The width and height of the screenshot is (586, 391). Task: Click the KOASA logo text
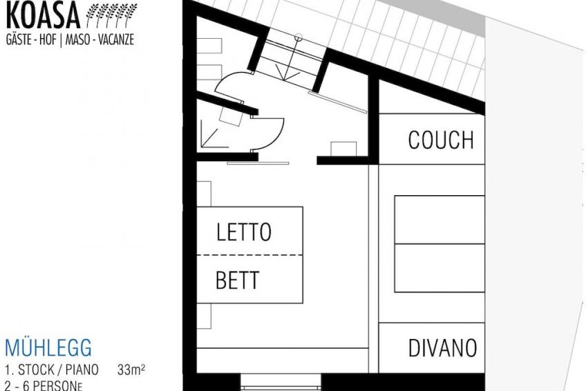coord(44,16)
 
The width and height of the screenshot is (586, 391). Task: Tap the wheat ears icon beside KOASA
coord(112,15)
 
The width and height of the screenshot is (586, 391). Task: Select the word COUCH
coord(441,140)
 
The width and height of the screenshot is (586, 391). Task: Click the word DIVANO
coord(442,348)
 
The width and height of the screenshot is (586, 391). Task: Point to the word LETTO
coord(244,232)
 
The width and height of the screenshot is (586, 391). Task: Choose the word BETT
coord(237,280)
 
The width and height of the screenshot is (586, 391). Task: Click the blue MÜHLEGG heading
coord(48,347)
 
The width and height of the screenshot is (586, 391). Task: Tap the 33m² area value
coord(131,370)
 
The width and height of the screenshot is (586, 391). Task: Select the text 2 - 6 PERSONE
coord(44,385)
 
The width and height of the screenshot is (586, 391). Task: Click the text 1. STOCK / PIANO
coord(52,370)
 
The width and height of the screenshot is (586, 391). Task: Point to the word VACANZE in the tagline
coord(116,39)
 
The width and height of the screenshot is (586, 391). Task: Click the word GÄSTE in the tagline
coord(19,39)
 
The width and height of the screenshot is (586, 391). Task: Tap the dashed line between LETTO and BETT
coord(249,255)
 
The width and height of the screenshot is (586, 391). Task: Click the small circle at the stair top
coord(299,37)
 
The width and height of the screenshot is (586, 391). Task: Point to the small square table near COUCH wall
coord(343,149)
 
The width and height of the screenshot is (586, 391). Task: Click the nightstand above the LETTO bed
coord(204,194)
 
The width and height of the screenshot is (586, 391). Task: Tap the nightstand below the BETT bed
coord(204,316)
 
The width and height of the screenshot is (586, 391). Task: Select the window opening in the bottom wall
coord(281,382)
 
